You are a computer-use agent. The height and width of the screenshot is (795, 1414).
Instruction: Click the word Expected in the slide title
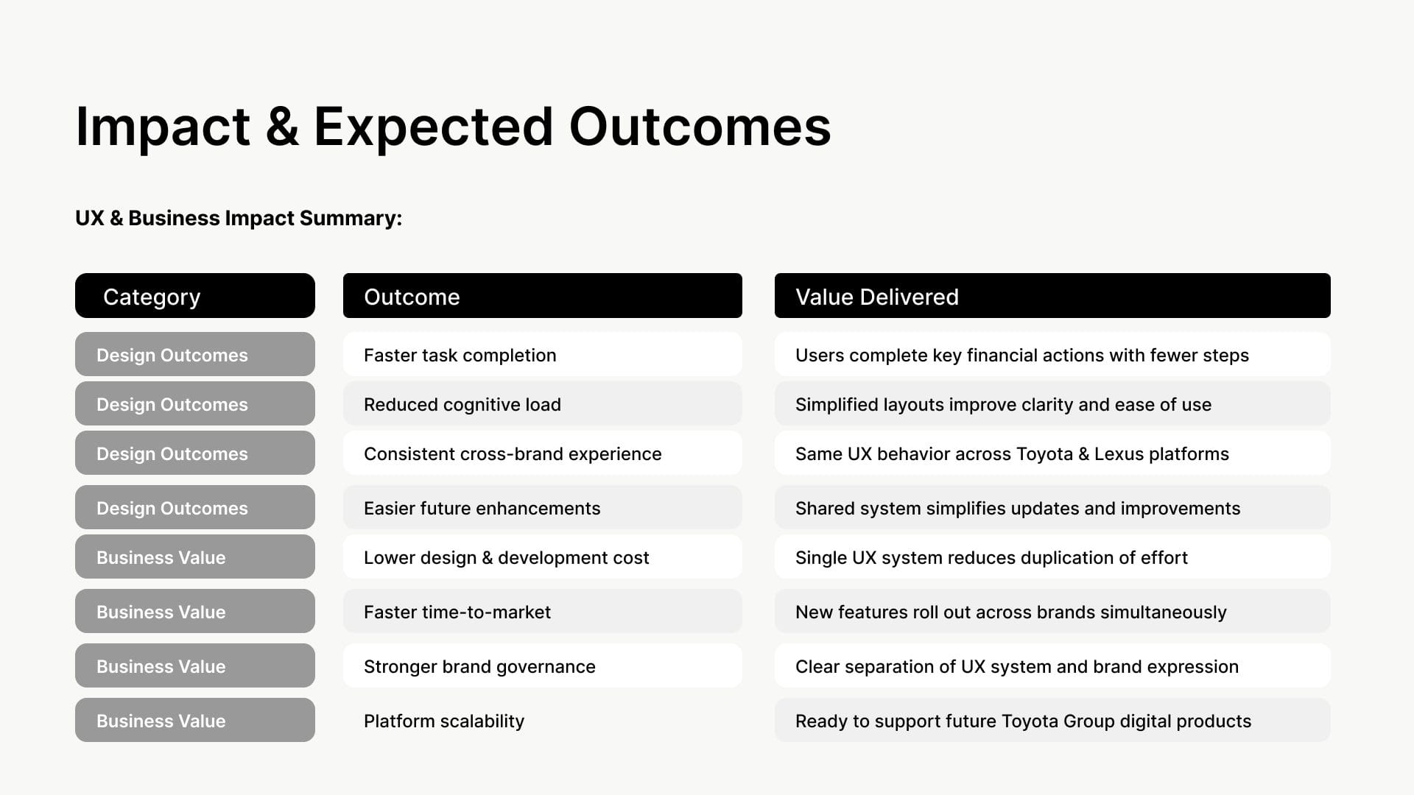(433, 127)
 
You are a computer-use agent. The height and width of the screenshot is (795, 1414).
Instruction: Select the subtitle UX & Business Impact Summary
(239, 218)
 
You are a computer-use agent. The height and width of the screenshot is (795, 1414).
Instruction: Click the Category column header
(195, 296)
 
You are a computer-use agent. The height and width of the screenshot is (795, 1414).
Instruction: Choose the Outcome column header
(543, 296)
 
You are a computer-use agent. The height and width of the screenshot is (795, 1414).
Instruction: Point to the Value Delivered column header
(1052, 296)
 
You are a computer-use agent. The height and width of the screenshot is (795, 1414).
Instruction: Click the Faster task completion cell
(543, 354)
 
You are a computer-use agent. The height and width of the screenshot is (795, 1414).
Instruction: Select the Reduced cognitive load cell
(543, 403)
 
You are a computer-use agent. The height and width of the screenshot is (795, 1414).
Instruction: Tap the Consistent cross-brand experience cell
(543, 453)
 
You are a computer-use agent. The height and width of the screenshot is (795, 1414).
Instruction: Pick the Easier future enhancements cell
(543, 507)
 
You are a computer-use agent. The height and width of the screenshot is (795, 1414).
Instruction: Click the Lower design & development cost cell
(543, 556)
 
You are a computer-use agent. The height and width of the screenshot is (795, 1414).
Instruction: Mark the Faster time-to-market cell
(543, 611)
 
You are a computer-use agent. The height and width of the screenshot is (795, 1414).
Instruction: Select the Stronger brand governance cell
(543, 665)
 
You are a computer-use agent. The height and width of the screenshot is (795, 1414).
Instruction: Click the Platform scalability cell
(543, 720)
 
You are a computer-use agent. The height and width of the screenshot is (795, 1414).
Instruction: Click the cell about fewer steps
(1052, 354)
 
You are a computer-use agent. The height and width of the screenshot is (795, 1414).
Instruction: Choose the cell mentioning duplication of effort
(1052, 556)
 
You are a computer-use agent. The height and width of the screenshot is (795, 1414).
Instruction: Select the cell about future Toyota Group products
(1052, 720)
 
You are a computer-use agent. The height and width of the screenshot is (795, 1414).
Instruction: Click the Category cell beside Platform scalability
(195, 720)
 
